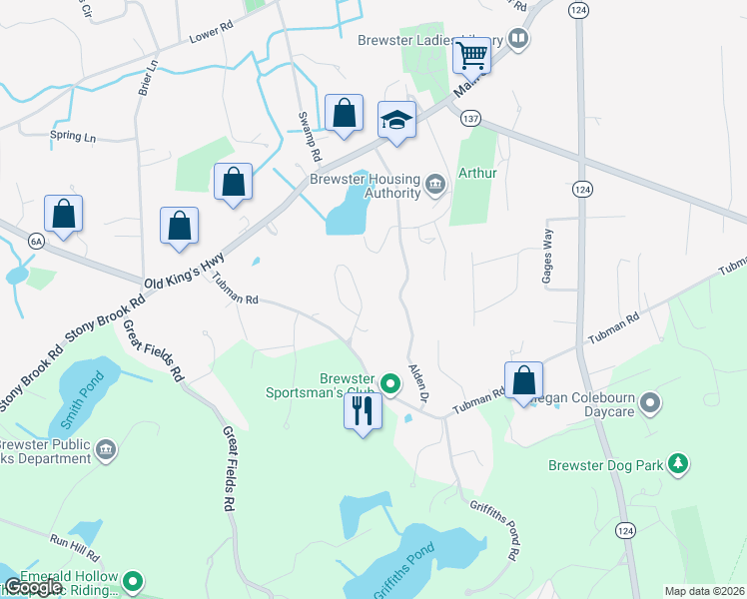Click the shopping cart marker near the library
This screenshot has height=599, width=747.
coord(470,55)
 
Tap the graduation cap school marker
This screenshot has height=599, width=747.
coord(396,122)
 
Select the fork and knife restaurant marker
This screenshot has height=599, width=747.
coord(363,410)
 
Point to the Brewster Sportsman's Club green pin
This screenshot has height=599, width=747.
coord(390,381)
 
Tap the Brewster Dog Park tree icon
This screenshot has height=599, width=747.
coord(678,464)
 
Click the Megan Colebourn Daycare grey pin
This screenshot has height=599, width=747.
coord(651,403)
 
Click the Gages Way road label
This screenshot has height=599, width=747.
coord(547,254)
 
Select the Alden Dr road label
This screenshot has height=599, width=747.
coord(417,382)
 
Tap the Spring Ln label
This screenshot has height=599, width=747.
coord(73,136)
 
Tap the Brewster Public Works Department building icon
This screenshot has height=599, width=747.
coord(105,452)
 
